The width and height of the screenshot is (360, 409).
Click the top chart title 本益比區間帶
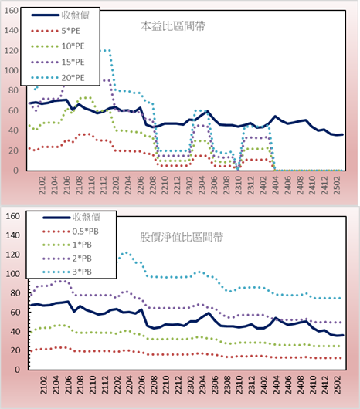pos(173,26)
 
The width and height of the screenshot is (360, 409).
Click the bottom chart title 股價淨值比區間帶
pos(182,238)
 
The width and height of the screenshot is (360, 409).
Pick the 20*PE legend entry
pos(58,78)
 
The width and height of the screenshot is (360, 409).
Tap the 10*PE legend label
pos(73,46)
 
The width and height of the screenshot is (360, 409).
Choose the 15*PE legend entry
pos(58,62)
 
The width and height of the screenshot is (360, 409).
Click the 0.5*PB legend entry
pos(70,232)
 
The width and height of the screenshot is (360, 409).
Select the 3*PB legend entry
pos(67,272)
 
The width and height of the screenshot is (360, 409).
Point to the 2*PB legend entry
pos(67,259)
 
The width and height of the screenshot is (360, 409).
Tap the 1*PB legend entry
pos(67,245)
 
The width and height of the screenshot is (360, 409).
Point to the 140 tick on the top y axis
pos(12,31)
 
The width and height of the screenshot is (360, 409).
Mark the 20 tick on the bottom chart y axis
pos(15,350)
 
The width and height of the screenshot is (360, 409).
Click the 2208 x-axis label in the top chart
pos(153,185)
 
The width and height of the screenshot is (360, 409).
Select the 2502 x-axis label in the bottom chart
pos(338,385)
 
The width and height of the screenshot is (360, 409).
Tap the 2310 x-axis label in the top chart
pos(239,185)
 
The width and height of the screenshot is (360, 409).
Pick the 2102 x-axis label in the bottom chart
pos(43,385)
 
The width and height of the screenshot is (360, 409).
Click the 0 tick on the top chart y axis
pos(16,171)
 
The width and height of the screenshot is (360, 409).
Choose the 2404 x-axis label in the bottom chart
pos(277,385)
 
